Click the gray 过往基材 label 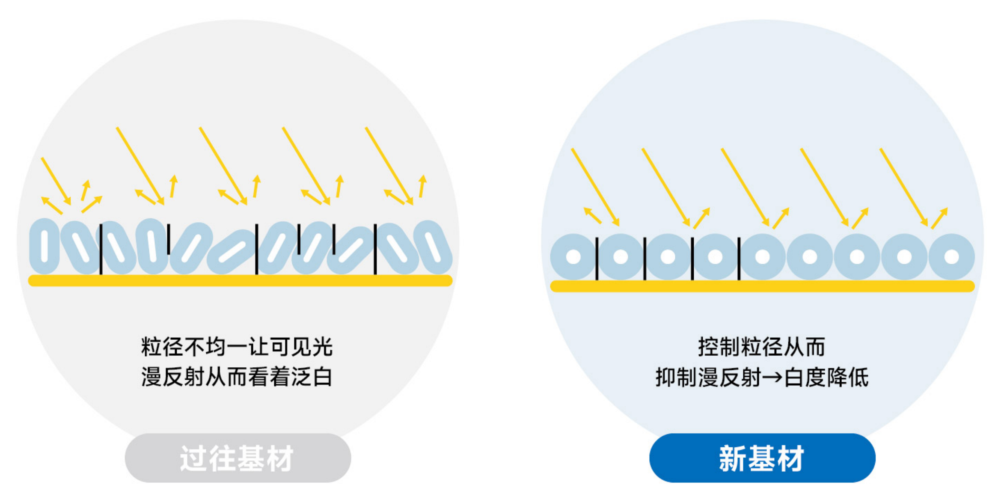(x=238, y=458)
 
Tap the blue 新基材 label (x=762, y=458)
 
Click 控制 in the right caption (x=719, y=347)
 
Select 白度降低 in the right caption (x=826, y=378)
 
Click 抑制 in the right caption (x=677, y=378)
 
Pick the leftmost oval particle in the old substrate (x=45, y=246)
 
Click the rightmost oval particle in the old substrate (x=433, y=247)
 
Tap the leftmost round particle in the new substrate (x=573, y=257)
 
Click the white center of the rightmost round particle (x=951, y=257)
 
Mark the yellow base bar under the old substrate (x=240, y=281)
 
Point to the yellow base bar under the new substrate (x=762, y=286)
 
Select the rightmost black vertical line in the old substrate (x=375, y=249)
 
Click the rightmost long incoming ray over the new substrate (x=903, y=187)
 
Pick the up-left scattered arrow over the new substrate (x=593, y=215)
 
